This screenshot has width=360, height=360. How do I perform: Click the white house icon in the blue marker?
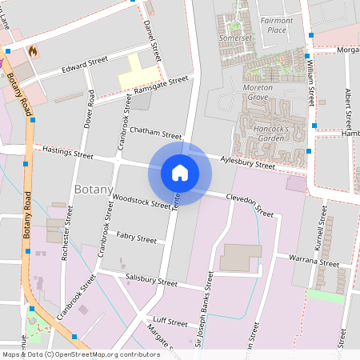pos(179,173)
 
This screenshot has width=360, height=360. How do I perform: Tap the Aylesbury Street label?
pos(247,163)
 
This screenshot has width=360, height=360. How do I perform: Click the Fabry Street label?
pos(135,238)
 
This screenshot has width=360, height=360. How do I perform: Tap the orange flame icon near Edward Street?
pos(33,50)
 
